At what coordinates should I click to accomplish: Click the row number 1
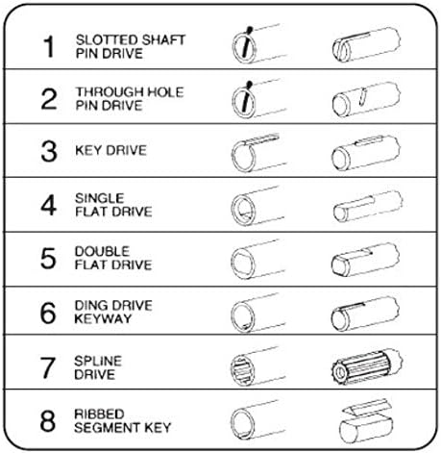pyautogui.click(x=49, y=46)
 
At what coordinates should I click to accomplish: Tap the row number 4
pyautogui.click(x=49, y=205)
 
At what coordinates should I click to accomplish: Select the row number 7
pyautogui.click(x=48, y=367)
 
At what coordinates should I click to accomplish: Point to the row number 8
pyautogui.click(x=48, y=420)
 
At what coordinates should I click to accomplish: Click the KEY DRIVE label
pyautogui.click(x=110, y=150)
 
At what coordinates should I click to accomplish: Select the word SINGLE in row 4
pyautogui.click(x=99, y=198)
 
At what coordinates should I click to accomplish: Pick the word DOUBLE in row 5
pyautogui.click(x=102, y=251)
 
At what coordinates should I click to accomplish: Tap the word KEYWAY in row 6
pyautogui.click(x=103, y=318)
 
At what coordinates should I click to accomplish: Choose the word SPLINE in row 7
pyautogui.click(x=98, y=361)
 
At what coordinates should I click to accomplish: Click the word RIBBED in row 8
pyautogui.click(x=99, y=414)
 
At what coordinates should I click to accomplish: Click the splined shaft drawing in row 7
pyautogui.click(x=366, y=367)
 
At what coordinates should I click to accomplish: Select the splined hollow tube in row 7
pyautogui.click(x=257, y=366)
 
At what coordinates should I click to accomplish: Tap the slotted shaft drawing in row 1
pyautogui.click(x=366, y=45)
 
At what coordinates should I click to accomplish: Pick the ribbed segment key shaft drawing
pyautogui.click(x=366, y=421)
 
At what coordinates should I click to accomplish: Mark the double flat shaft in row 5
pyautogui.click(x=365, y=260)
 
